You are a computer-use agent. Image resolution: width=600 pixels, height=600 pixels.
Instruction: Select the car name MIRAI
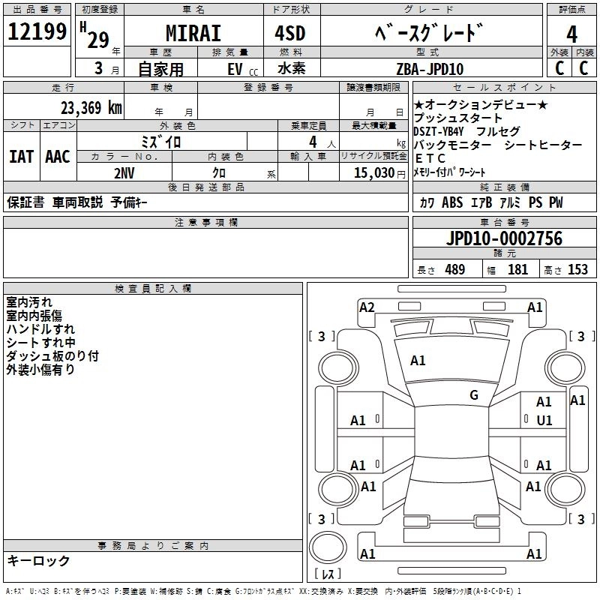click(x=192, y=34)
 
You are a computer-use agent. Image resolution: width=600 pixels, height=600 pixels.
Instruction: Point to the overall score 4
click(x=571, y=34)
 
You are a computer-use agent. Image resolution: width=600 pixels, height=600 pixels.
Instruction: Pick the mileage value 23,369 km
click(x=91, y=107)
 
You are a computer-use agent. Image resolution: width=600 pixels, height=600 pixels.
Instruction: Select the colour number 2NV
click(x=124, y=172)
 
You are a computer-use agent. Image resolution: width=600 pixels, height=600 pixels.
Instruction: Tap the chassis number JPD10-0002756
click(x=503, y=238)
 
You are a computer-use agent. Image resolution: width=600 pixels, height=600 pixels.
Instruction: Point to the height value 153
click(x=577, y=270)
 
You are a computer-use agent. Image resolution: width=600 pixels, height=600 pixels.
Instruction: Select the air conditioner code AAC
click(x=58, y=156)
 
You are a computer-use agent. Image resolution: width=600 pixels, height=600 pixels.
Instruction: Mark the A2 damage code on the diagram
click(x=367, y=307)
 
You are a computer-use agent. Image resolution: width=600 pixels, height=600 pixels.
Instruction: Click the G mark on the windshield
click(x=474, y=395)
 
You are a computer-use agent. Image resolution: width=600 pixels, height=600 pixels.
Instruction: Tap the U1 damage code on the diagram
click(x=544, y=420)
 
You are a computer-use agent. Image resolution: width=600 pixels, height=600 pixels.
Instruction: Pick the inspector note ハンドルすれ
click(x=40, y=328)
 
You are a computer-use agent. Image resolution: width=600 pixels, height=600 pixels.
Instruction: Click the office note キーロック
click(x=39, y=560)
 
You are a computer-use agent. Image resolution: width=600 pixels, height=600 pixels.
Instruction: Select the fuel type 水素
click(x=295, y=69)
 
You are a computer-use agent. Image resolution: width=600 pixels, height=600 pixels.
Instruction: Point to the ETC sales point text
click(x=430, y=158)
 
